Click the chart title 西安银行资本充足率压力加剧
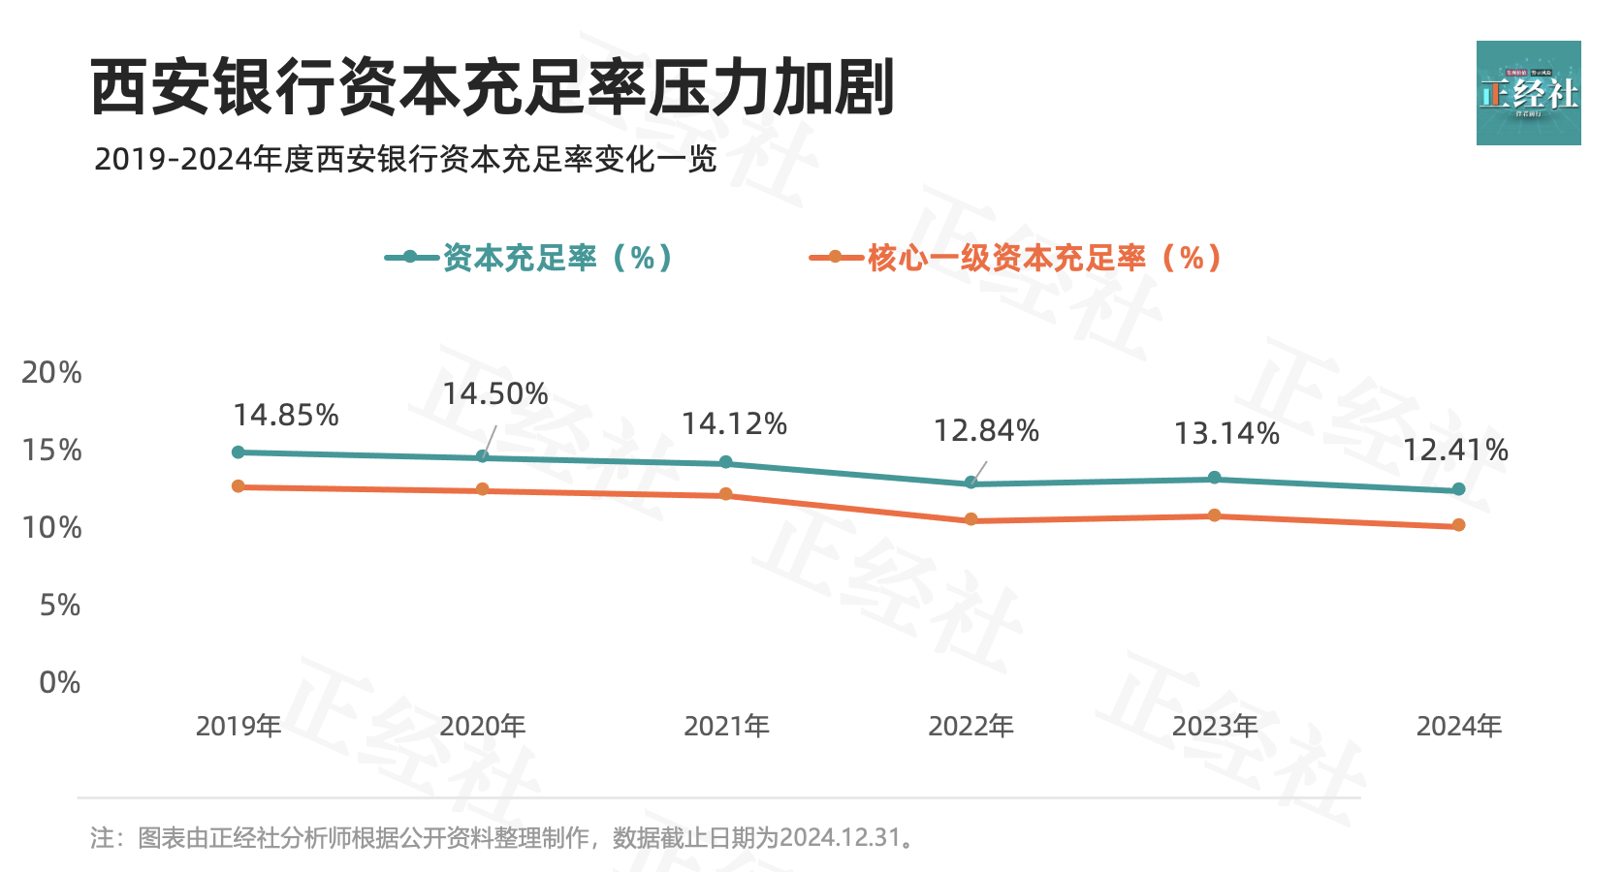[492, 88]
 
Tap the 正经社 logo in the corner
[1528, 93]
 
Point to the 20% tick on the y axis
[52, 372]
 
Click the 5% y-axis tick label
[60, 605]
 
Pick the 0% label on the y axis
[60, 682]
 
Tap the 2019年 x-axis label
[239, 726]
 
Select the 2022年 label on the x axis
[971, 726]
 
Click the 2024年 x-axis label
[1458, 726]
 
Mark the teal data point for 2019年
[239, 452]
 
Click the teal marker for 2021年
[726, 463]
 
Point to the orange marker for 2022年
[971, 520]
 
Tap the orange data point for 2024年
[1458, 525]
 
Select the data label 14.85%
[286, 416]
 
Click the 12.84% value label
[986, 430]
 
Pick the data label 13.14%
[1226, 434]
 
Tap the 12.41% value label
[1455, 451]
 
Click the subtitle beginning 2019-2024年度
[405, 159]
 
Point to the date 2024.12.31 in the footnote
[841, 837]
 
